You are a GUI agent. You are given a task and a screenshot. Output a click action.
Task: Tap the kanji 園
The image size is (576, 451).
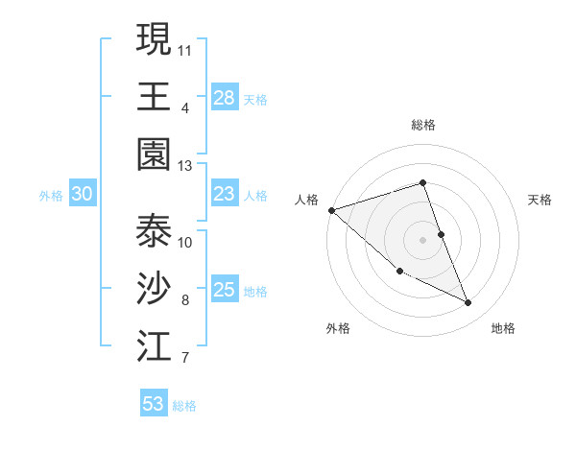tap(154, 152)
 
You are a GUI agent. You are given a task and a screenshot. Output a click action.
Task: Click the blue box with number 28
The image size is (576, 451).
tap(225, 97)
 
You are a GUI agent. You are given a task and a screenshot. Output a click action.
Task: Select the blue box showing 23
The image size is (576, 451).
tap(225, 194)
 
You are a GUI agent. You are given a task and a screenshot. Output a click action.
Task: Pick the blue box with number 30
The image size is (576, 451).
tap(83, 194)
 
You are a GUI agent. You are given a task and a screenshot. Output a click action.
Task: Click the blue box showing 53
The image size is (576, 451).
tap(154, 404)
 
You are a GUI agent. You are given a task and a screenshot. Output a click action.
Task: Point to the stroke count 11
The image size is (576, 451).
tap(185, 48)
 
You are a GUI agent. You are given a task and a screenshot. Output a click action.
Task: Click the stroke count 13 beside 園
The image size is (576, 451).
tap(185, 165)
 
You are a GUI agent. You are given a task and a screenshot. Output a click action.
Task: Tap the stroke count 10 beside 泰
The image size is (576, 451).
tap(185, 242)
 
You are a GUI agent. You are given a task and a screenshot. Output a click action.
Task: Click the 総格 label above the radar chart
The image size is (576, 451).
tap(423, 125)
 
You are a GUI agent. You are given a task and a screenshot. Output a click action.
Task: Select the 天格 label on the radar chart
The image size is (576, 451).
tap(540, 200)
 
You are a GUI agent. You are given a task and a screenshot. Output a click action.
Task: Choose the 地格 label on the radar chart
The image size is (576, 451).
tap(503, 328)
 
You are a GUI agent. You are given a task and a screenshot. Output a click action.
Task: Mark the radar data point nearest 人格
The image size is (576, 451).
tap(331, 210)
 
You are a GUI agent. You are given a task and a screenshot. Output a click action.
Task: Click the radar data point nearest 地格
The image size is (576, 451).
tap(468, 303)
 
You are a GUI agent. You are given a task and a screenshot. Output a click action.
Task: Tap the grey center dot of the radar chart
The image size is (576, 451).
tap(423, 239)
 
